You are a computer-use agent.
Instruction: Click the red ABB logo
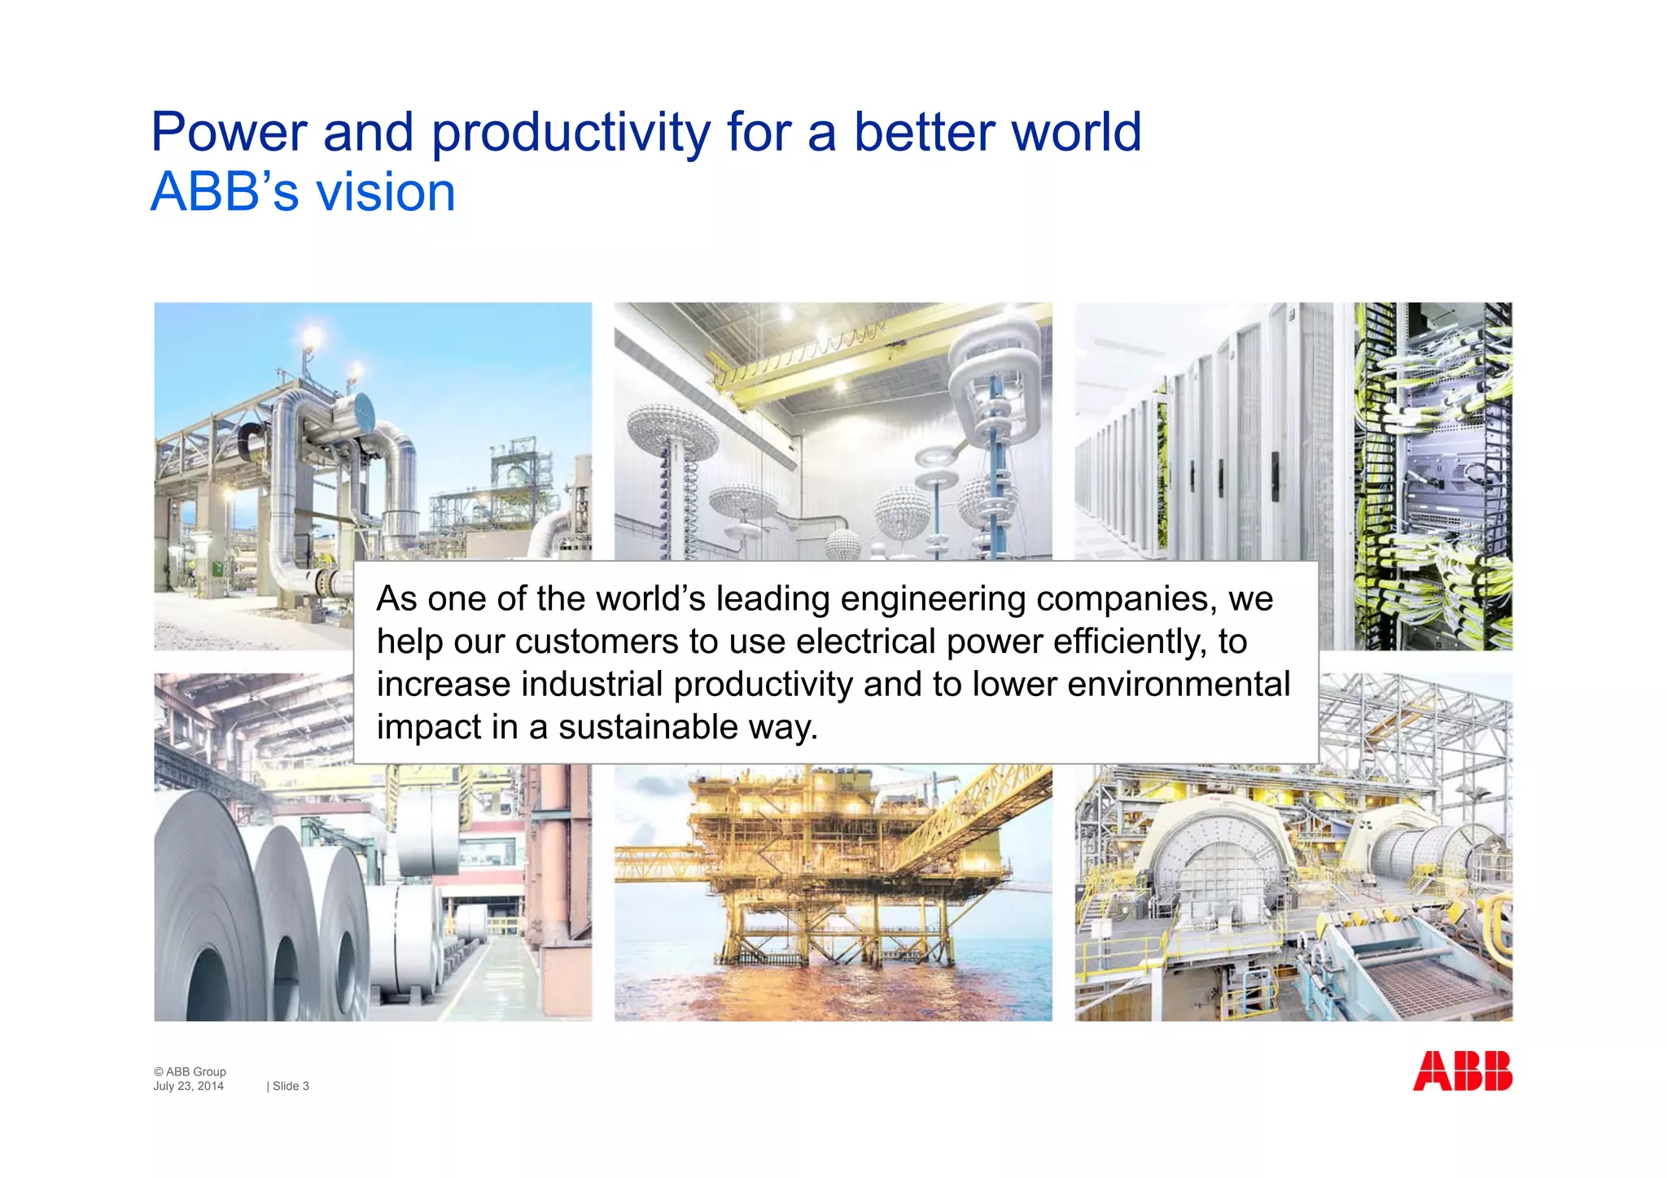1462,1071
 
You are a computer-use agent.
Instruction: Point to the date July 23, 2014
188,1086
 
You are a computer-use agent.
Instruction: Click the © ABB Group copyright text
190,1071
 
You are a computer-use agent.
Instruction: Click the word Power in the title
229,133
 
